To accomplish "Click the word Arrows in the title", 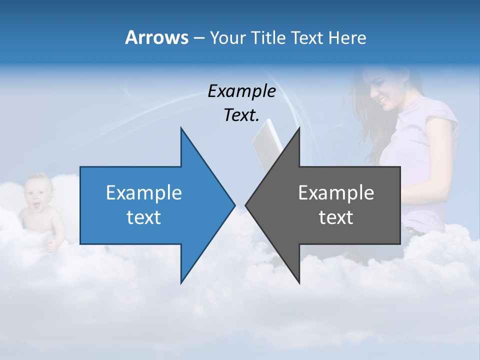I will [156, 37].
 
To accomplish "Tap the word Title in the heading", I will [269, 38].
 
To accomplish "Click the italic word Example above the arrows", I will [241, 91].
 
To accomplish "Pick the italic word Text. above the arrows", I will [241, 115].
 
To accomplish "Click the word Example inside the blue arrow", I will [143, 192].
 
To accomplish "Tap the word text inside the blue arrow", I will [143, 217].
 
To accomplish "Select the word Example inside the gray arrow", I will [336, 192].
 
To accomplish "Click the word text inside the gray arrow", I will [336, 217].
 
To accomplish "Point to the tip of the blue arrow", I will [234, 204].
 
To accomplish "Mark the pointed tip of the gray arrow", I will [245, 204].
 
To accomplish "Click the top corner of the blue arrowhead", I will [181, 128].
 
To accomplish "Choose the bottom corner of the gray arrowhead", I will [299, 283].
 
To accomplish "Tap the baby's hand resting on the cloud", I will [51, 245].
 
